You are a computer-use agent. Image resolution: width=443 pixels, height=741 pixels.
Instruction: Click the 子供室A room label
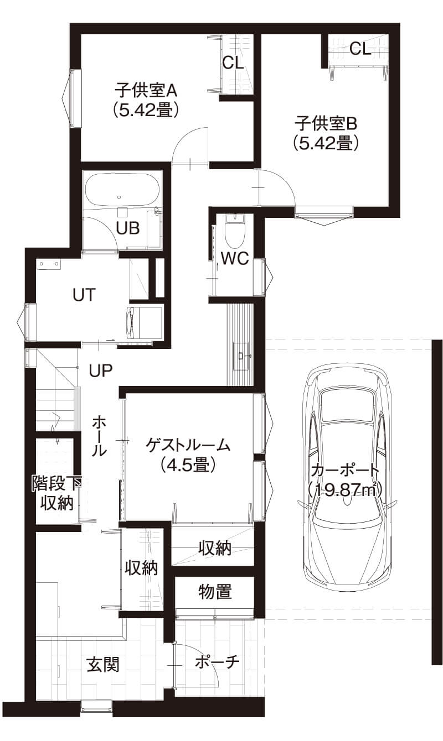pos(145,98)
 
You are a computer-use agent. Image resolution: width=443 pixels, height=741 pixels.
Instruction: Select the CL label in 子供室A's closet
pos(233,62)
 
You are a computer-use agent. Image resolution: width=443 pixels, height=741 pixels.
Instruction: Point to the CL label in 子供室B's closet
pos(360,49)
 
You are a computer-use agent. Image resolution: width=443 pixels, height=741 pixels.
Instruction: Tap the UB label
pos(127,227)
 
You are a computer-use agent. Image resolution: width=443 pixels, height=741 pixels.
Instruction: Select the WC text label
pos(234,258)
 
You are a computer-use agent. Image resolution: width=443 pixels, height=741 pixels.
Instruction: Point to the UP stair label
pos(101,370)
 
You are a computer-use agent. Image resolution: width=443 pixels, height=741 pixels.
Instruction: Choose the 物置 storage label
pos(215,592)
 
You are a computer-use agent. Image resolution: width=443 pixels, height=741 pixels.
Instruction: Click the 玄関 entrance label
pos(102,664)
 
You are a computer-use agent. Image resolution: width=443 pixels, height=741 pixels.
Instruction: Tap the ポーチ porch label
pos(218,662)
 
